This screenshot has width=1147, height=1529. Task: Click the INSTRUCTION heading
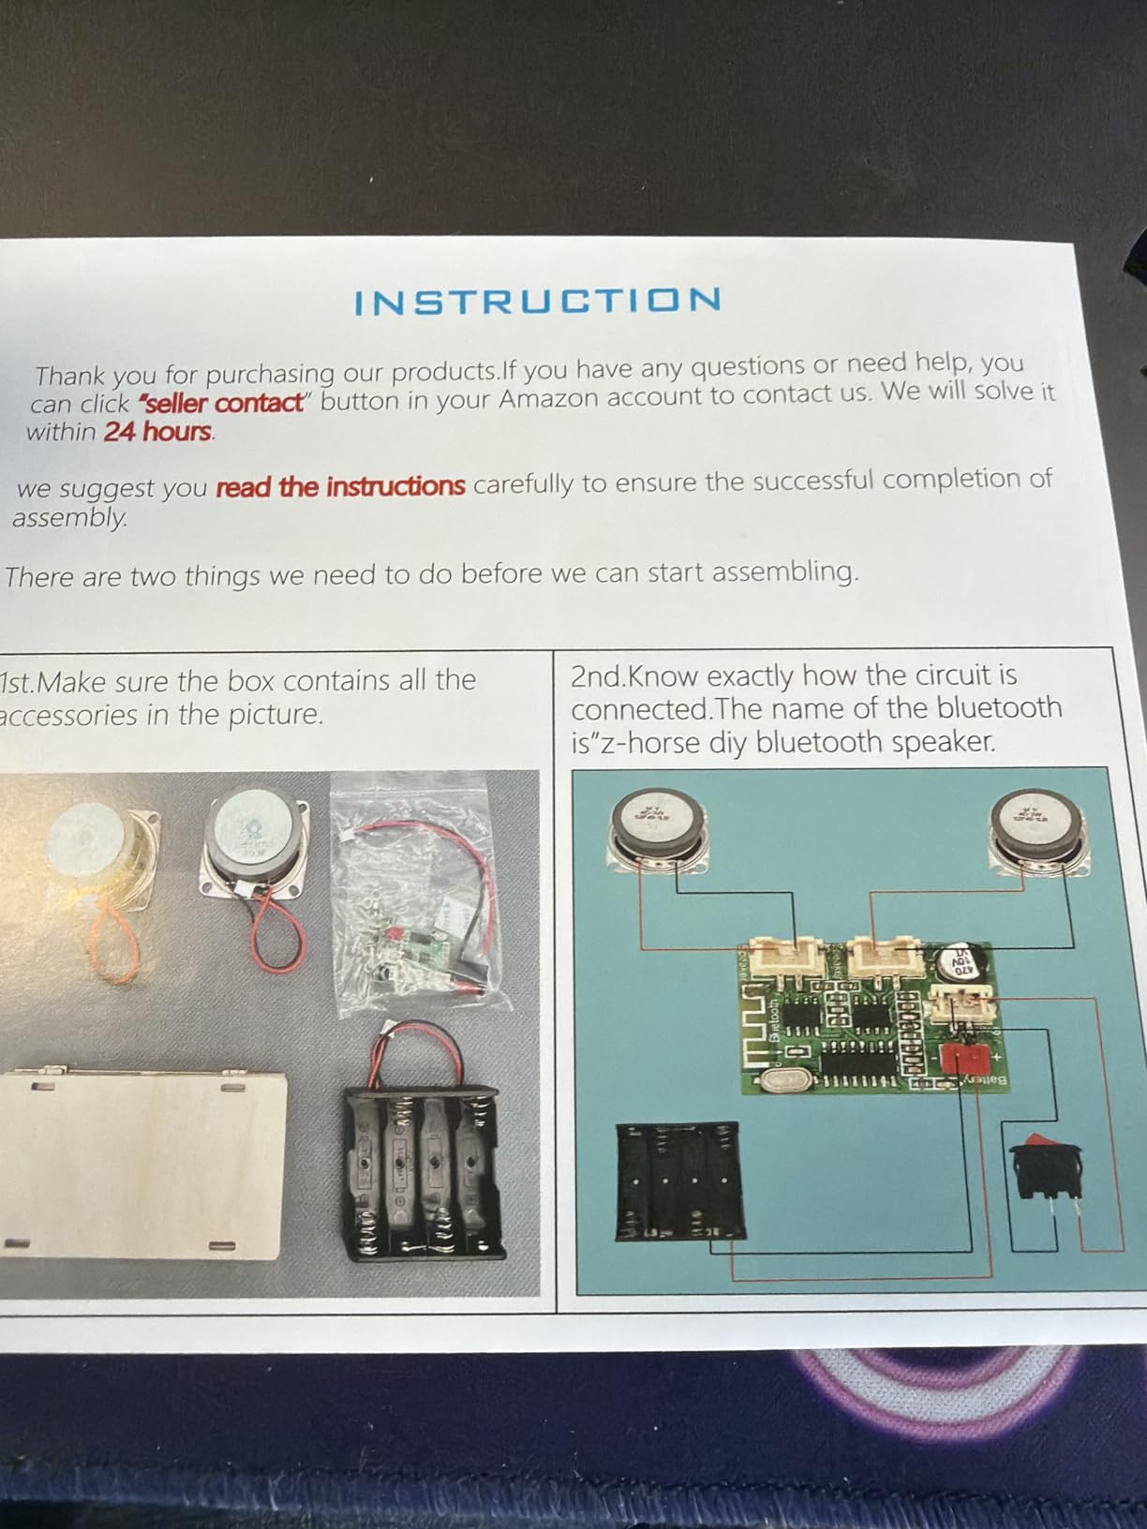(x=538, y=302)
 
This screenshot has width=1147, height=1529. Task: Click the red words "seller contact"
(x=221, y=404)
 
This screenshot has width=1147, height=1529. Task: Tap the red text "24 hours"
(x=158, y=432)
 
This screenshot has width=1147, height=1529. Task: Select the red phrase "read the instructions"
(x=340, y=487)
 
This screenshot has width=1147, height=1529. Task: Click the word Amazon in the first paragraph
(x=560, y=399)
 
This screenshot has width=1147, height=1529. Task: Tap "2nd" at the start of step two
(x=595, y=676)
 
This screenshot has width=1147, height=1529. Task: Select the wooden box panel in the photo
(x=141, y=1164)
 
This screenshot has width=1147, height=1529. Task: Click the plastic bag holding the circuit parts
(x=422, y=899)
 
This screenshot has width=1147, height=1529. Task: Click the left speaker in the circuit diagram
(x=657, y=828)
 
